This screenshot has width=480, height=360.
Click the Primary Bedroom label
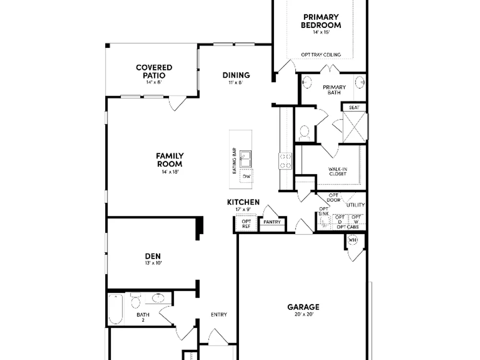[x=321, y=21]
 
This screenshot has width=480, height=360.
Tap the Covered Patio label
[x=154, y=72]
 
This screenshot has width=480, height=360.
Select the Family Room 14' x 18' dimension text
[x=170, y=172]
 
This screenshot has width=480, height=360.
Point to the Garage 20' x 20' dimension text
[x=303, y=314]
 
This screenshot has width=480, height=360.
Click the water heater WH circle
[x=352, y=240]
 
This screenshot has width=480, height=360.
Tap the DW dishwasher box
[x=246, y=176]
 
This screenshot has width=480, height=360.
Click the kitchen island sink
[x=245, y=159]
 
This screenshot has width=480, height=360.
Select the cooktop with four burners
[x=285, y=161]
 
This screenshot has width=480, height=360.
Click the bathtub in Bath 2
[x=116, y=309]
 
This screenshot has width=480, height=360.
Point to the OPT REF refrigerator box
[x=246, y=224]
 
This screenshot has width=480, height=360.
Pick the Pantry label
[x=272, y=222]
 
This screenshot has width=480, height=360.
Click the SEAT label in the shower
[x=354, y=108]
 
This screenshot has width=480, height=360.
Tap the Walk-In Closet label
[x=337, y=171]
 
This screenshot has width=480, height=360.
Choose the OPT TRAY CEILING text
[x=321, y=55]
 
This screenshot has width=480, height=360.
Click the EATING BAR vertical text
[x=234, y=161]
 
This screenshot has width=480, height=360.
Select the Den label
[x=153, y=256]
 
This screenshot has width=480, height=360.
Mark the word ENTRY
[x=219, y=314]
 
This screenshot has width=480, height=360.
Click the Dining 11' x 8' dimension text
[x=235, y=83]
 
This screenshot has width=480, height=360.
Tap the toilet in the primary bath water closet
[x=304, y=132]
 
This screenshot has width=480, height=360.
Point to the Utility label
[x=355, y=205]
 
